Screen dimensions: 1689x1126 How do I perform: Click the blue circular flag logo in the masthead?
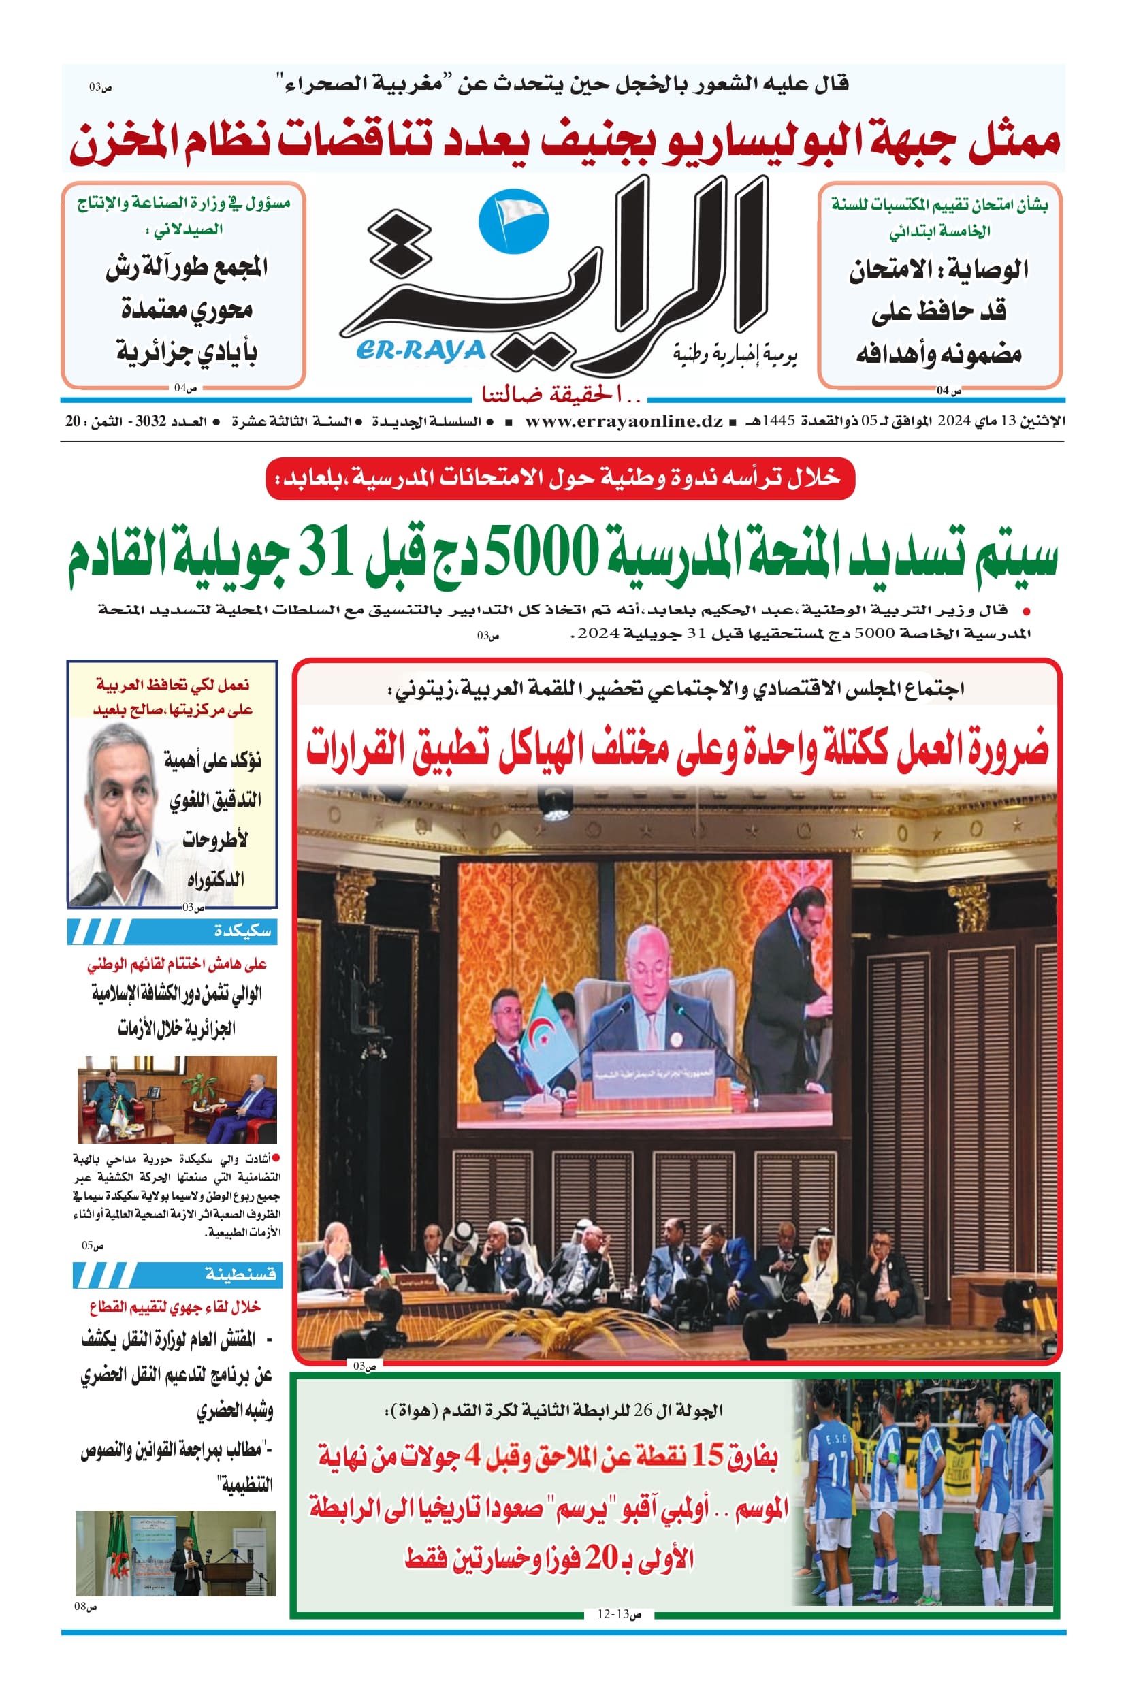(513, 219)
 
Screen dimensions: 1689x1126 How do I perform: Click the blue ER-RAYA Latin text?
(421, 351)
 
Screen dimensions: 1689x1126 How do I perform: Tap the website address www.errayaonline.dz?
(624, 421)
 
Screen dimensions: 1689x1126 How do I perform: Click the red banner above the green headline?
(560, 479)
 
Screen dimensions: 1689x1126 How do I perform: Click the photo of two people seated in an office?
(176, 1099)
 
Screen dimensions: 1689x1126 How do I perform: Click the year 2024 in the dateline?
(954, 421)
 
